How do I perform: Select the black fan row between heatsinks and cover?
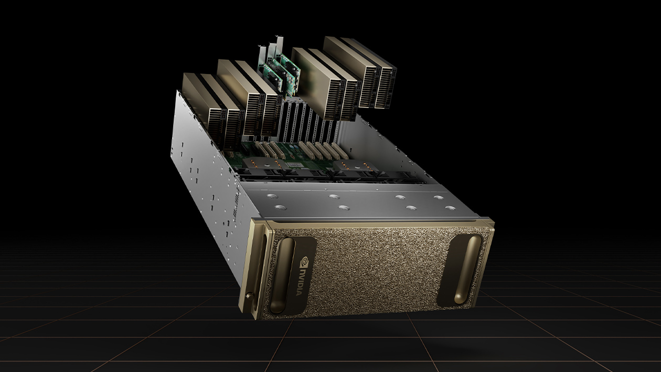click(325, 176)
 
